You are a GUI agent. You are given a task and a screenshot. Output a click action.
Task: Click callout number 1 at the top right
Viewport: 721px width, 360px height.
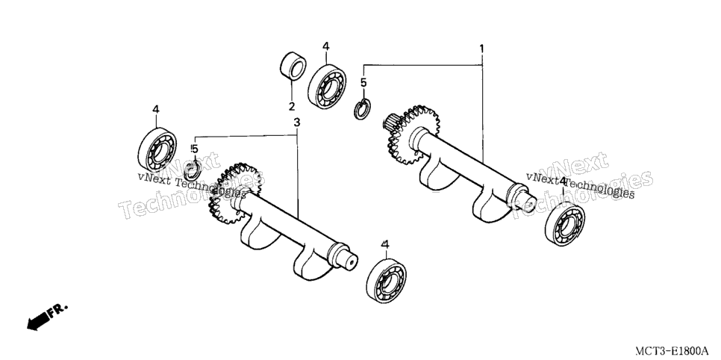pyautogui.click(x=481, y=48)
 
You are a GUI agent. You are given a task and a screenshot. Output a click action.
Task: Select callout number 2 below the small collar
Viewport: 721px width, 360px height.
pyautogui.click(x=292, y=107)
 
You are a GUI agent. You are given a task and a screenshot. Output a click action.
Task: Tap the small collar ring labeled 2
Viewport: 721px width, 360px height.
pyautogui.click(x=293, y=66)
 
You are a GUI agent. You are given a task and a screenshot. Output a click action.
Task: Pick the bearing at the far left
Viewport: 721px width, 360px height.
pyautogui.click(x=157, y=149)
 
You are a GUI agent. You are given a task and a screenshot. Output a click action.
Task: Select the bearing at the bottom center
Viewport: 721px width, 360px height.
pyautogui.click(x=387, y=280)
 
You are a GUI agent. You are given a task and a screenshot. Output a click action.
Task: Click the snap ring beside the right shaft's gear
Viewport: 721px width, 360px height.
pyautogui.click(x=361, y=109)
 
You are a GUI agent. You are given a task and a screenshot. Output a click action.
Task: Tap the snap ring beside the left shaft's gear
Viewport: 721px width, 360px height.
pyautogui.click(x=191, y=170)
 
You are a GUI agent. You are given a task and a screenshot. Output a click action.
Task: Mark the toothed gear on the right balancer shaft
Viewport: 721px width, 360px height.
pyautogui.click(x=411, y=135)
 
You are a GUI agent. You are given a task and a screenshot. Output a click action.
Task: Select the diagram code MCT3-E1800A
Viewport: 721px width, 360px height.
pyautogui.click(x=672, y=351)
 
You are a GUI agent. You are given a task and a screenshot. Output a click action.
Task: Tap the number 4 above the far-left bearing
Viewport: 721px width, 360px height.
pyautogui.click(x=155, y=109)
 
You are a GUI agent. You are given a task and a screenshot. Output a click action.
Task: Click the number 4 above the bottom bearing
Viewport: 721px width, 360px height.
pyautogui.click(x=385, y=244)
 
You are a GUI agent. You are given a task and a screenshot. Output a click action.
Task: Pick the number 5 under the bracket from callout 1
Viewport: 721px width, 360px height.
pyautogui.click(x=363, y=83)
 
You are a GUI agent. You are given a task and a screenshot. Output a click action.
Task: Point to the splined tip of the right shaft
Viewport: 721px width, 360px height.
pyautogui.click(x=390, y=122)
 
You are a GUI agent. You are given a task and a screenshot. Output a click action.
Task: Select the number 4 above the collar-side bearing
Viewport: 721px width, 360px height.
pyautogui.click(x=325, y=46)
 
